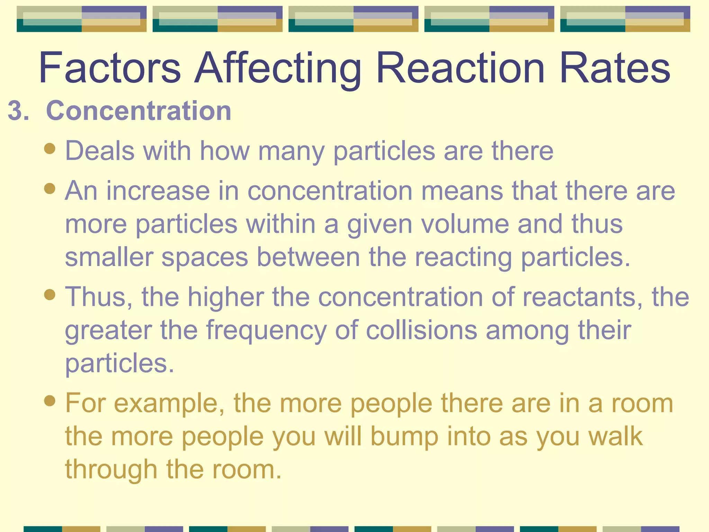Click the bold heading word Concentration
pos(138,111)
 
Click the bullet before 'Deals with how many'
pos(50,149)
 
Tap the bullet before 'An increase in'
pos(50,189)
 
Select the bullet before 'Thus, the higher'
pos(50,295)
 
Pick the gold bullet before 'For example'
pos(50,401)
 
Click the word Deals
pos(100,151)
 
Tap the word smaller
pos(109,257)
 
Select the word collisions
pos(422,330)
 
